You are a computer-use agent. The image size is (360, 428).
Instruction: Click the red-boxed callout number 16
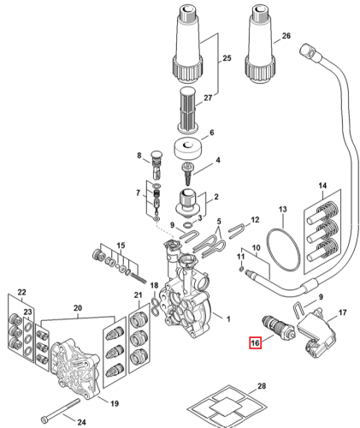click(x=255, y=342)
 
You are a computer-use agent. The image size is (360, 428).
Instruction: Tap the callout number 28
click(x=262, y=386)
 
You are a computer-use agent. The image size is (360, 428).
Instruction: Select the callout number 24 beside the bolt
click(x=81, y=422)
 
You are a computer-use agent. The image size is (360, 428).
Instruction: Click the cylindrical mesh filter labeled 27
click(x=186, y=110)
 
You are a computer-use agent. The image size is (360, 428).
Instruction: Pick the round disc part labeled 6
click(x=188, y=148)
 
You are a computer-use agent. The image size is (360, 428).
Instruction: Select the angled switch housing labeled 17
click(x=316, y=332)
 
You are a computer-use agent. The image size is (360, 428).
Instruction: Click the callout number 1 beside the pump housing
click(x=228, y=318)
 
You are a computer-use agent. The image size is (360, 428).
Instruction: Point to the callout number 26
click(x=286, y=36)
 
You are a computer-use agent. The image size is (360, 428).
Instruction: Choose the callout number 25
click(x=227, y=58)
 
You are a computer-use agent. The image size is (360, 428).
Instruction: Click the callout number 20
click(x=78, y=308)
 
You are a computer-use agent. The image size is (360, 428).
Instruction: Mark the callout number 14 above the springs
click(x=322, y=186)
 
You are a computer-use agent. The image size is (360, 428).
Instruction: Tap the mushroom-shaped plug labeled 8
click(x=156, y=166)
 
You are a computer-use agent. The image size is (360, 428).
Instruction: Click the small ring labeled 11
click(x=241, y=269)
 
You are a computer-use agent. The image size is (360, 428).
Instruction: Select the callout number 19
click(x=115, y=403)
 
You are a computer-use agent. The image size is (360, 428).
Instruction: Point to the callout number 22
click(x=21, y=292)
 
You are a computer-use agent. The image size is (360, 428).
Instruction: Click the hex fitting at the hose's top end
click(x=309, y=51)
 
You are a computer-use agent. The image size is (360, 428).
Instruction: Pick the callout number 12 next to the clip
click(x=255, y=219)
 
